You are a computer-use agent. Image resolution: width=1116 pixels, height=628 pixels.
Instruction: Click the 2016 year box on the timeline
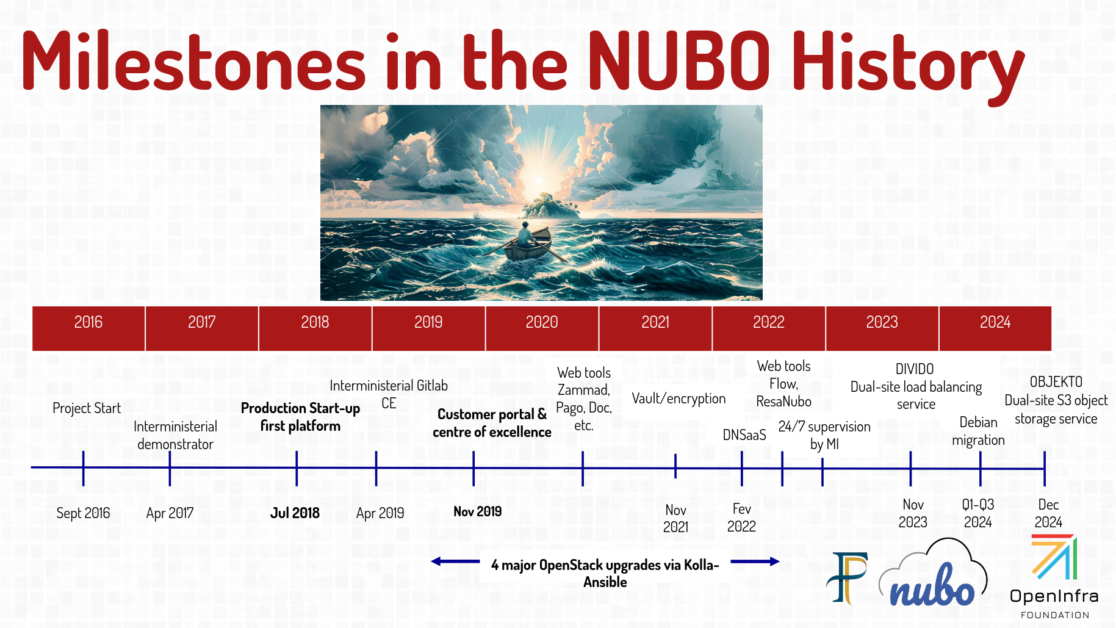(x=88, y=328)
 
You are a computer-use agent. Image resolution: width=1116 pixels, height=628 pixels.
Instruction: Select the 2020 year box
(x=542, y=328)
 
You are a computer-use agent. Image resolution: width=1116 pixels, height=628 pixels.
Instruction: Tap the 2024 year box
(x=995, y=328)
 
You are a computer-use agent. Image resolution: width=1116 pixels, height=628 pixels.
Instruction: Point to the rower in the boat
(x=524, y=233)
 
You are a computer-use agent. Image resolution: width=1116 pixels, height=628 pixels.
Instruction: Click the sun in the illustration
(x=539, y=181)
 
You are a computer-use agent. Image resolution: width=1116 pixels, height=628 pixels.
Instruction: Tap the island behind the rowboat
(x=550, y=206)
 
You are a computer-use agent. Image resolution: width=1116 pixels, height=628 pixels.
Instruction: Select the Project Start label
(x=87, y=408)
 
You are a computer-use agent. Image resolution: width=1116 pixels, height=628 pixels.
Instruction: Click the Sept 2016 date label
(x=83, y=513)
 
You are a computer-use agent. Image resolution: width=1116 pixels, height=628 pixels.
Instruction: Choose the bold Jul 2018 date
(x=295, y=513)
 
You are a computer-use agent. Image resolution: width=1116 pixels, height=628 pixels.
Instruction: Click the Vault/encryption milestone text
(x=679, y=399)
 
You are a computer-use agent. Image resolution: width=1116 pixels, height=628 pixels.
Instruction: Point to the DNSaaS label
(x=744, y=435)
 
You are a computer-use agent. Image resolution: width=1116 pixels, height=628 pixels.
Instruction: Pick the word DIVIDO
(x=915, y=369)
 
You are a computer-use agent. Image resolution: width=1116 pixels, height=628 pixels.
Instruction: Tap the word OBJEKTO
(x=1056, y=382)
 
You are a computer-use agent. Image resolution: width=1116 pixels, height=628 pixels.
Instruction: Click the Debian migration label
(x=978, y=431)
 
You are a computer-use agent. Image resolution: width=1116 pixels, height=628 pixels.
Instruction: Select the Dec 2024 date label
(x=1048, y=513)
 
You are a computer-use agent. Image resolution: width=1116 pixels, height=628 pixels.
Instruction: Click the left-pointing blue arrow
(x=455, y=561)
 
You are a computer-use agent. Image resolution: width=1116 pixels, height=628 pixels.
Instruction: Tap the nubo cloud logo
(x=933, y=574)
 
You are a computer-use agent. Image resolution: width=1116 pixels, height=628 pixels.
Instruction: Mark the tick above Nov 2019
(x=473, y=469)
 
